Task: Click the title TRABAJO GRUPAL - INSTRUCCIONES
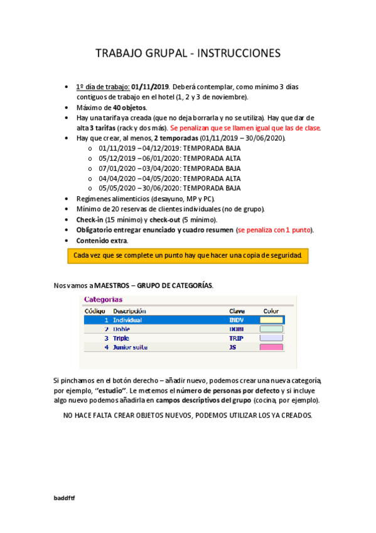tap(188, 54)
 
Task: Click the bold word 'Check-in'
tap(90, 219)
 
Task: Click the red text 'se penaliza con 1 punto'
tap(274, 229)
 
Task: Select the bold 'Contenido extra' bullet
tap(102, 240)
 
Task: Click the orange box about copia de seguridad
tap(188, 256)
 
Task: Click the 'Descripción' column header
tap(129, 310)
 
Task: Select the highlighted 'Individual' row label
tap(127, 320)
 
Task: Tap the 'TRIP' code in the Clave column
tap(236, 338)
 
